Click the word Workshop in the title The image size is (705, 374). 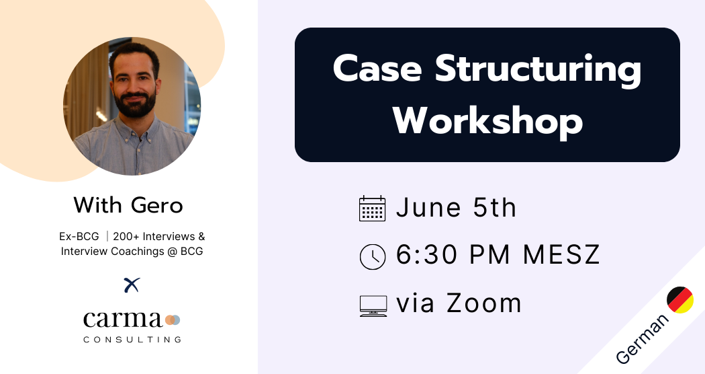pos(488,121)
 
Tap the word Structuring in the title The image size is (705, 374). pos(538,69)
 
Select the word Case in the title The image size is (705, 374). pos(377,69)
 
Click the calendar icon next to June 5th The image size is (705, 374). pos(372,208)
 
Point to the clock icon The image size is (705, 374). pos(373,257)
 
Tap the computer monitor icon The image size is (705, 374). pos(373,306)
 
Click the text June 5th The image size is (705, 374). pos(456,207)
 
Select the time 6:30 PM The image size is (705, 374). pos(453,254)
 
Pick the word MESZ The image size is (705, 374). pos(561,254)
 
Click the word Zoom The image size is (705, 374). pos(484,303)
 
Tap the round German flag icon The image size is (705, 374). pos(679,299)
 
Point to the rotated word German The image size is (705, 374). pos(642,339)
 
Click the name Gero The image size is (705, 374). pos(157,205)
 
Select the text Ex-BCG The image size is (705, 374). pos(79,237)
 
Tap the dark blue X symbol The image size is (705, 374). pos(132,285)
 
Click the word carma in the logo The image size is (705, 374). pos(122,320)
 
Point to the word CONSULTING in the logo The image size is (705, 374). pos(132,339)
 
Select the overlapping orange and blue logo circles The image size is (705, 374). pos(173,320)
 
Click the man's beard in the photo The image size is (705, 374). pos(135,104)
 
